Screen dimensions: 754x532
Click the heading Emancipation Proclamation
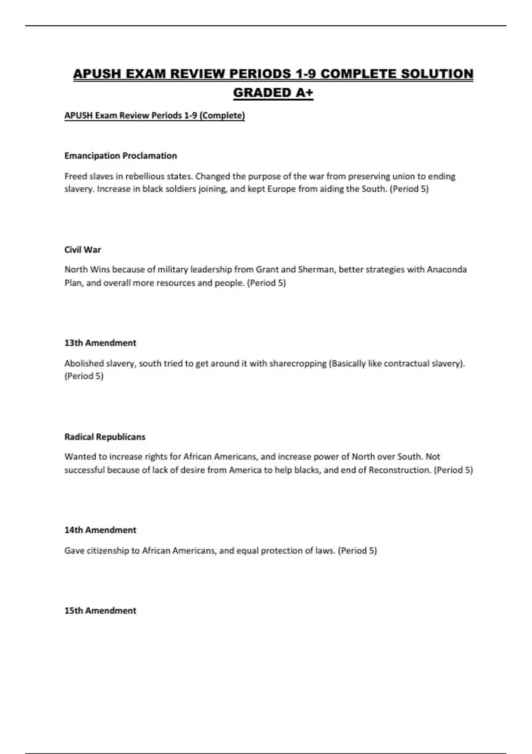[x=121, y=156]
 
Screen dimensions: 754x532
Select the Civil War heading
[x=82, y=250]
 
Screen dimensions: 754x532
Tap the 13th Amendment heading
[x=100, y=343]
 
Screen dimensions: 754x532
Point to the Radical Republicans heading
[x=105, y=437]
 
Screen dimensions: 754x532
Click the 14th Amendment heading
[x=100, y=530]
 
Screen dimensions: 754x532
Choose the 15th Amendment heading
[x=100, y=611]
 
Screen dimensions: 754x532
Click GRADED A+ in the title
[x=273, y=93]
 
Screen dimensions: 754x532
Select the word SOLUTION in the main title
[x=437, y=74]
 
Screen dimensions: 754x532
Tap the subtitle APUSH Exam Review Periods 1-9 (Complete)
[x=154, y=116]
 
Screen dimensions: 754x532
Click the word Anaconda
[x=446, y=270]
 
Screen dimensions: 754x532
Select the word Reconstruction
[x=400, y=470]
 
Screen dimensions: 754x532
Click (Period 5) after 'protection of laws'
[x=357, y=551]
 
